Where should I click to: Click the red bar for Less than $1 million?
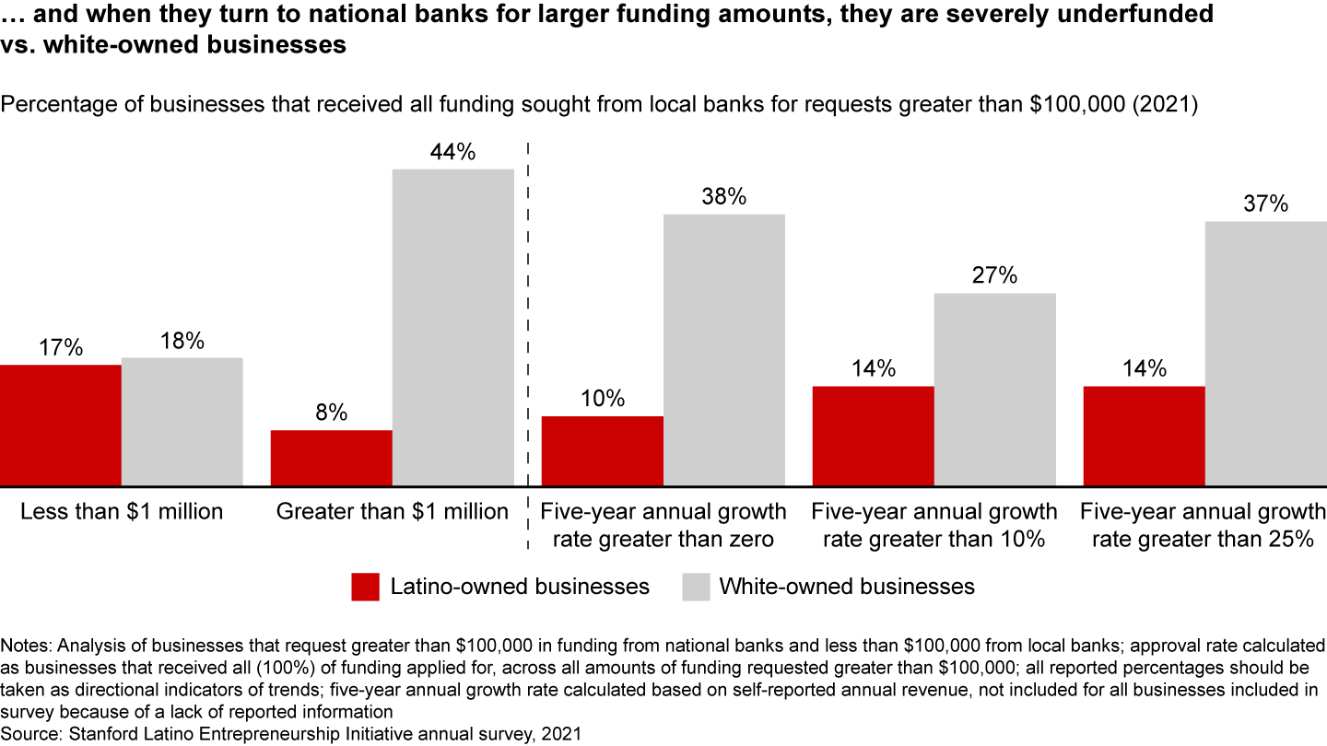point(61,425)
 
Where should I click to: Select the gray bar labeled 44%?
point(452,327)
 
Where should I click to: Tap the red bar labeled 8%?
point(331,458)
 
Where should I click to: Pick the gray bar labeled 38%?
point(723,349)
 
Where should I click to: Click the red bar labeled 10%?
point(602,450)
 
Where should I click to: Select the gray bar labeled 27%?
point(994,389)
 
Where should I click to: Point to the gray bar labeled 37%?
point(1265,353)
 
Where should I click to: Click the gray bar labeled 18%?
point(182,421)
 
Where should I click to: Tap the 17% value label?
point(61,348)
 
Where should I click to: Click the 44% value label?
point(452,153)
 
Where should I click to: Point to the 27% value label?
point(994,276)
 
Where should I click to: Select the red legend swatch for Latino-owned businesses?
point(365,587)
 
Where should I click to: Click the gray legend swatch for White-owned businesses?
point(696,587)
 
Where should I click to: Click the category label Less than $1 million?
point(122,511)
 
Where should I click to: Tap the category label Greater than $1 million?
point(393,511)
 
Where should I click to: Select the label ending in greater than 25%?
point(1203,525)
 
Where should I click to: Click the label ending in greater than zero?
point(663,525)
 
